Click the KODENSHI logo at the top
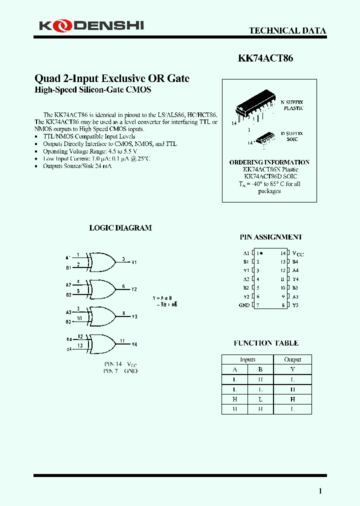(x=91, y=25)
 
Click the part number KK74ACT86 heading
(x=265, y=58)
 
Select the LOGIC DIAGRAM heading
(x=120, y=228)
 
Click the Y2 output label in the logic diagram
(x=134, y=289)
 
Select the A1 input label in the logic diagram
(x=68, y=257)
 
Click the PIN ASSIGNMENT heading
(x=270, y=237)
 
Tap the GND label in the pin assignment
(x=244, y=305)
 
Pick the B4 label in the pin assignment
(x=295, y=261)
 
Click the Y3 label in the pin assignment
(x=295, y=305)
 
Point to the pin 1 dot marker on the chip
(x=261, y=253)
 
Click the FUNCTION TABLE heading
(x=266, y=343)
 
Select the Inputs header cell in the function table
(x=247, y=359)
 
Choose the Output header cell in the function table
(x=292, y=359)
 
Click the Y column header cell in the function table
(x=292, y=369)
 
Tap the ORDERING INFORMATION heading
(x=269, y=162)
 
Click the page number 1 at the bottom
(x=320, y=491)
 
